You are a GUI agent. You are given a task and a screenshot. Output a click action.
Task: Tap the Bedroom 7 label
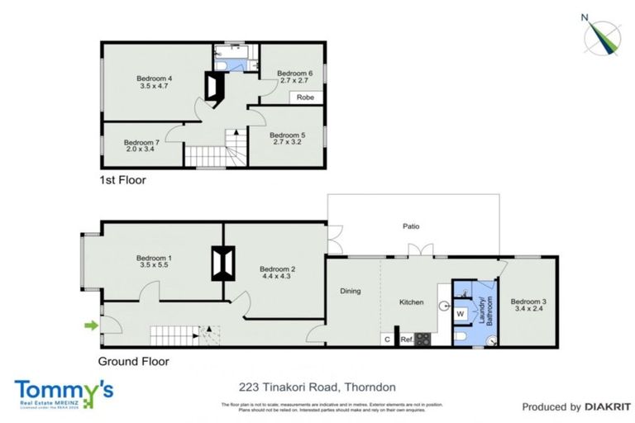click(141, 142)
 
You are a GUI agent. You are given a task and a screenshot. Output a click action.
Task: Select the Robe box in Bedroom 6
click(305, 96)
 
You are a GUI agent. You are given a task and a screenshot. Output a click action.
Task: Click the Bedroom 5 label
click(287, 135)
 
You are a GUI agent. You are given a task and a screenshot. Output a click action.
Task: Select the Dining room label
click(351, 290)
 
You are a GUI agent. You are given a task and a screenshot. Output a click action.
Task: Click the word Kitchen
click(411, 302)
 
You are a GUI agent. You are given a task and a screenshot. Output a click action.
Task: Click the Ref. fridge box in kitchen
click(406, 339)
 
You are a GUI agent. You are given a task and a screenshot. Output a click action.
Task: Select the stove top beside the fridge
click(422, 338)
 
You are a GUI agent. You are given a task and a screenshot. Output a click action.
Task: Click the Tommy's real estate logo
click(63, 392)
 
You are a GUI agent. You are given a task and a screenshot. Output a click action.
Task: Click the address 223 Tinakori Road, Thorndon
click(317, 387)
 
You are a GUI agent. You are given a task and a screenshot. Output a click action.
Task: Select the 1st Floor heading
click(122, 178)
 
